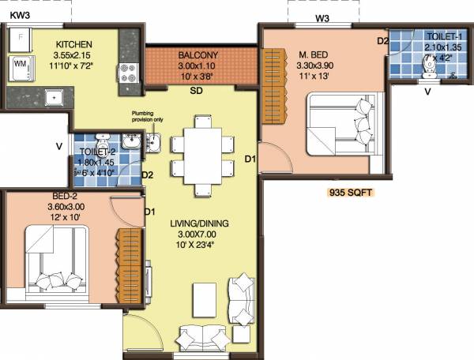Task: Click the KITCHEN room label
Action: click(x=73, y=43)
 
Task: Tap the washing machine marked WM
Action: click(x=21, y=65)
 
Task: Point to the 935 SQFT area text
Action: click(x=351, y=192)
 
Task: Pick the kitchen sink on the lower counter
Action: click(x=53, y=98)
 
